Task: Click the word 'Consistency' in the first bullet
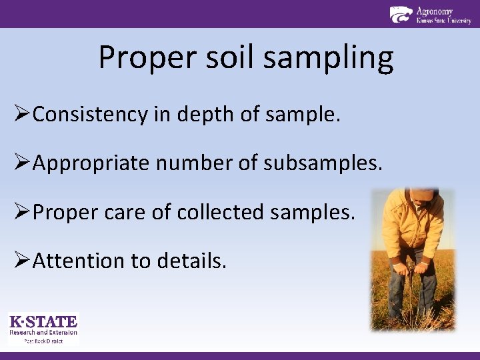coord(89,115)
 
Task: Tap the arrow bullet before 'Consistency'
coord(19,115)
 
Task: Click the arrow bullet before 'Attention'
coord(19,261)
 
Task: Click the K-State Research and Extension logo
coord(43,327)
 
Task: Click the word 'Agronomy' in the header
coord(435,11)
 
